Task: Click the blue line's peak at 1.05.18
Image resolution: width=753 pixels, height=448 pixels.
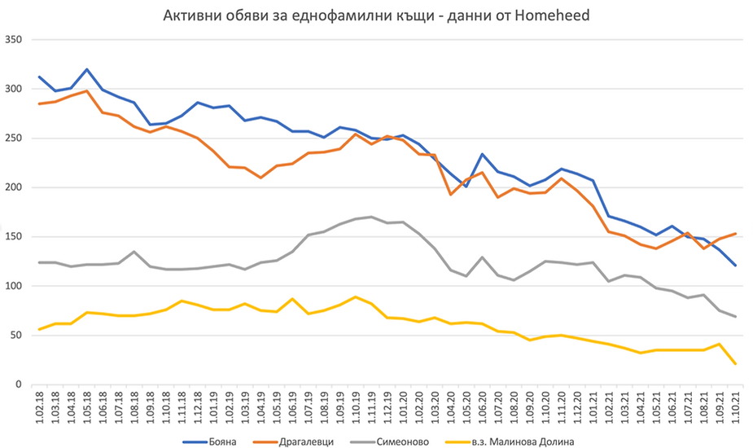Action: [87, 69]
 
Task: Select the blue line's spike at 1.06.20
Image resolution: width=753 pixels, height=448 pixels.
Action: [483, 154]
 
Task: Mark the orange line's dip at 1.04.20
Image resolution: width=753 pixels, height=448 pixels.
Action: [451, 194]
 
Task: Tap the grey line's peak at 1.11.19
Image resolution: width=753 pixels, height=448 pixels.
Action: [372, 217]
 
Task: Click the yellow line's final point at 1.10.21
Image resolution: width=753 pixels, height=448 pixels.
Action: [736, 364]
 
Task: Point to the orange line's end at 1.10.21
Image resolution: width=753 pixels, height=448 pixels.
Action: [736, 234]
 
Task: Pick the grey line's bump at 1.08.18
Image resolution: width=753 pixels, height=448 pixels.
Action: [134, 252]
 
